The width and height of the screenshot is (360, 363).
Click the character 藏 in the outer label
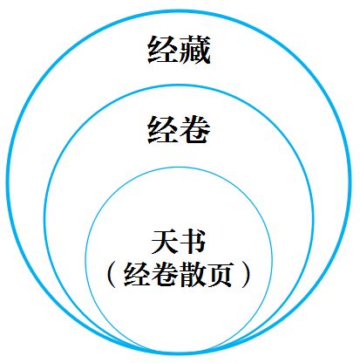click(x=195, y=50)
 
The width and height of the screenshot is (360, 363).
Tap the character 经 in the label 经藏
click(x=163, y=50)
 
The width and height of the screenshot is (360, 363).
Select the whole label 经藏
click(x=179, y=50)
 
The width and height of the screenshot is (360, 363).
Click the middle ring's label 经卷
click(x=179, y=129)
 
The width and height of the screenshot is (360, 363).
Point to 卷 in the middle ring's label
click(x=195, y=129)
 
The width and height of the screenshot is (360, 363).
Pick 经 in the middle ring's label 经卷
click(x=163, y=129)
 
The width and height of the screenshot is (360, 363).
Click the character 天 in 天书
click(x=165, y=242)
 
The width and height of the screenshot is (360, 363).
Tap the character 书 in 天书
click(x=193, y=242)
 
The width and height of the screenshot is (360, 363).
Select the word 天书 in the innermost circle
click(x=179, y=242)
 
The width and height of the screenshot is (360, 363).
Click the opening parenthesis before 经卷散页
click(x=112, y=275)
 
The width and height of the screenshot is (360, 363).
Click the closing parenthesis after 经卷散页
click(x=246, y=275)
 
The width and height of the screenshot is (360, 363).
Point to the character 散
click(x=193, y=275)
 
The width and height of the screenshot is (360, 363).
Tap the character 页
click(x=220, y=275)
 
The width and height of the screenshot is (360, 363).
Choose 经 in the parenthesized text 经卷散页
click(x=137, y=275)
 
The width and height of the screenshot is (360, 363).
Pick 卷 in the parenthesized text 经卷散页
click(x=165, y=275)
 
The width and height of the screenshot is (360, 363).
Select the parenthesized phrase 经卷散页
click(x=179, y=275)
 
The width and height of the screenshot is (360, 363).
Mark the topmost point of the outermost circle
click(x=179, y=11)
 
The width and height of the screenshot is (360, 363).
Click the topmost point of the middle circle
click(x=179, y=86)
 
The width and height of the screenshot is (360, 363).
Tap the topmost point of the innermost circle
click(x=179, y=168)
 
